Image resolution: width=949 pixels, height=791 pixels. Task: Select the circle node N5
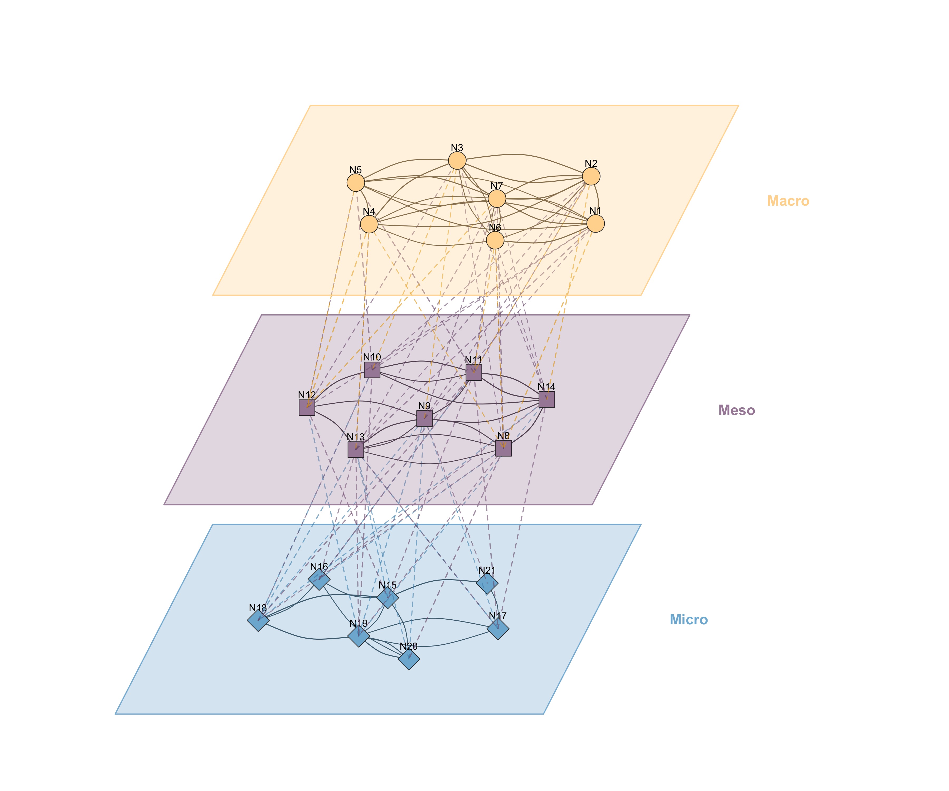pyautogui.click(x=356, y=183)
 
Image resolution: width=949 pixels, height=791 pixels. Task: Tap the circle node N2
pyautogui.click(x=591, y=176)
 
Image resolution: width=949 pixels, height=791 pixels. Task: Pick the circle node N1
pyautogui.click(x=595, y=223)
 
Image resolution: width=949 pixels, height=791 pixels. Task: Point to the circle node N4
pyautogui.click(x=369, y=224)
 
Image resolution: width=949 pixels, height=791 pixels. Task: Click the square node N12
pyautogui.click(x=307, y=407)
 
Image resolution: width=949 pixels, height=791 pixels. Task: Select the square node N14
pyautogui.click(x=547, y=399)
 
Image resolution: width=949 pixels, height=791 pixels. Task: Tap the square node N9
pyautogui.click(x=424, y=418)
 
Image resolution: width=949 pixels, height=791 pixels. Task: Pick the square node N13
pyautogui.click(x=356, y=450)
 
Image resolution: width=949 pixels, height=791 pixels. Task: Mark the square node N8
pyautogui.click(x=503, y=448)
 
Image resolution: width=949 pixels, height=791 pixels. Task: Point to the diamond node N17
pyautogui.click(x=498, y=629)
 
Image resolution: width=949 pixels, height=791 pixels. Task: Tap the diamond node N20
pyautogui.click(x=409, y=659)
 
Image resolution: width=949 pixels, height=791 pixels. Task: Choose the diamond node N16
pyautogui.click(x=319, y=579)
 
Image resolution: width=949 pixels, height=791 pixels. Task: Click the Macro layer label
pyautogui.click(x=788, y=201)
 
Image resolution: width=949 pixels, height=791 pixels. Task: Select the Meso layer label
pyautogui.click(x=737, y=411)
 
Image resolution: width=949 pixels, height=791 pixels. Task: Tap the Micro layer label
pyautogui.click(x=689, y=620)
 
